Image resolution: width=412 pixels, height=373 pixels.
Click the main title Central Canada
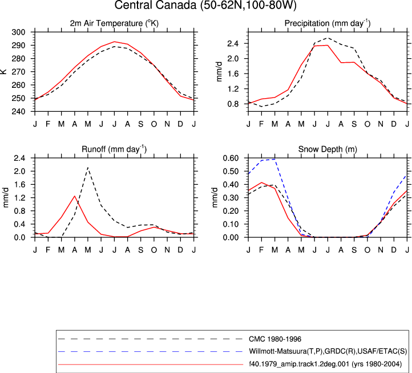click(x=205, y=5)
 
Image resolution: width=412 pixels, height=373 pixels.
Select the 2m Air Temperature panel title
click(x=114, y=23)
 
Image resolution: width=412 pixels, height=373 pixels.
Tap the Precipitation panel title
click(x=328, y=23)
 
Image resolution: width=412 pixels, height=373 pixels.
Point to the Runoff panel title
click(x=114, y=149)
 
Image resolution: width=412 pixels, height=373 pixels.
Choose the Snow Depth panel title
click(x=328, y=149)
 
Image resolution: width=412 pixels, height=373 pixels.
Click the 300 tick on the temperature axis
click(x=18, y=33)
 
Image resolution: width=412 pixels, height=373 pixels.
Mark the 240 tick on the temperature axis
click(x=18, y=111)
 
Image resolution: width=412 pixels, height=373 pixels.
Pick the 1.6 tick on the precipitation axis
click(x=233, y=74)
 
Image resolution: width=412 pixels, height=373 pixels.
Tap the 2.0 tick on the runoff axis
click(x=19, y=171)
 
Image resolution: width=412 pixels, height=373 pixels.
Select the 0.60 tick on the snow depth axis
click(x=231, y=158)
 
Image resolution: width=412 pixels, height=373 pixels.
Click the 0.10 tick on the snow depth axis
click(x=231, y=224)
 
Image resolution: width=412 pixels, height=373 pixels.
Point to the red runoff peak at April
click(x=75, y=196)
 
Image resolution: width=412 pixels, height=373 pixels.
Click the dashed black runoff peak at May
click(x=88, y=167)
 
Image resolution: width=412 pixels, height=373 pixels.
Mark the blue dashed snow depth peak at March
click(x=275, y=159)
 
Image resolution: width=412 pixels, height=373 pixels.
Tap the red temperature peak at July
click(x=114, y=42)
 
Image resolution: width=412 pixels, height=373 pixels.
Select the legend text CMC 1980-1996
click(x=275, y=339)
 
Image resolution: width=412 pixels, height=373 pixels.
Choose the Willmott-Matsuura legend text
click(x=328, y=351)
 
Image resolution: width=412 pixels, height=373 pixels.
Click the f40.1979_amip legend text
click(x=325, y=364)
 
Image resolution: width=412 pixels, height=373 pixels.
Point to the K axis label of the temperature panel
click(x=3, y=72)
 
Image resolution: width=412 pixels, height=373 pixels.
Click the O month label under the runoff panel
click(x=154, y=250)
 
